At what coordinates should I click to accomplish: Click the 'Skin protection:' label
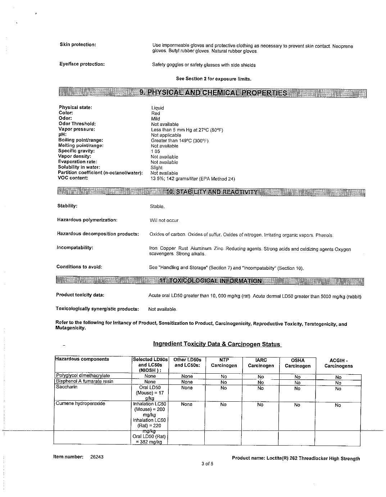[x=78, y=45]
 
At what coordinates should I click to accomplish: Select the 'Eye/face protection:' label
[x=82, y=64]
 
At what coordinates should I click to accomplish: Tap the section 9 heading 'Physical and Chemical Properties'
[x=213, y=93]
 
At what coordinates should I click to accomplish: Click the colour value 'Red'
[x=155, y=113]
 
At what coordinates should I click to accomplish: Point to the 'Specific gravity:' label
[x=76, y=151]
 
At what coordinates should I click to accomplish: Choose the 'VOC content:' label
[x=73, y=178]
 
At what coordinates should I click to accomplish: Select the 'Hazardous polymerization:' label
[x=87, y=220]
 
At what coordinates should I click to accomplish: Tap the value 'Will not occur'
[x=164, y=220]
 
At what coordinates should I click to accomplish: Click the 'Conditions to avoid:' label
[x=79, y=266]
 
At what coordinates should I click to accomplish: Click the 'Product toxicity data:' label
[x=80, y=295]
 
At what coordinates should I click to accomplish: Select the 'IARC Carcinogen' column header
[x=261, y=363]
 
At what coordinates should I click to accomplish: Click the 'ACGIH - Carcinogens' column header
[x=338, y=363]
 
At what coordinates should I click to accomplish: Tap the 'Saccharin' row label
[x=67, y=387]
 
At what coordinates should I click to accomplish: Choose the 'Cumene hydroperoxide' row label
[x=80, y=403]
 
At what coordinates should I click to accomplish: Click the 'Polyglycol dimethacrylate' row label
[x=83, y=375]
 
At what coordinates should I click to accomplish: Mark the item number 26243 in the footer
[x=97, y=457]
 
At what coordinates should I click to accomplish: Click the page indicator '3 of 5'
[x=208, y=464]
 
